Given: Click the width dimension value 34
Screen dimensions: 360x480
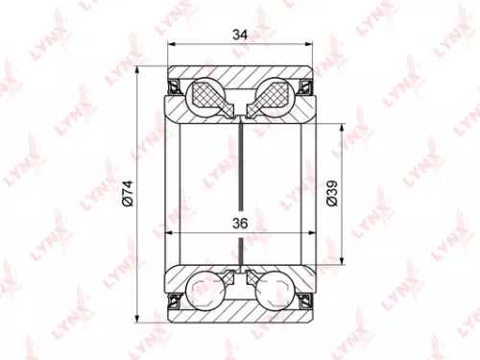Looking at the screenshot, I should [x=240, y=36].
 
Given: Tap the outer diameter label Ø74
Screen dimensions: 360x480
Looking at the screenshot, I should [x=126, y=192].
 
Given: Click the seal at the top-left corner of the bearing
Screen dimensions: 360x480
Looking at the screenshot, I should [x=175, y=88].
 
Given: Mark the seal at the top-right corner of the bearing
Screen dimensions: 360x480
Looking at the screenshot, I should [x=307, y=88].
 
